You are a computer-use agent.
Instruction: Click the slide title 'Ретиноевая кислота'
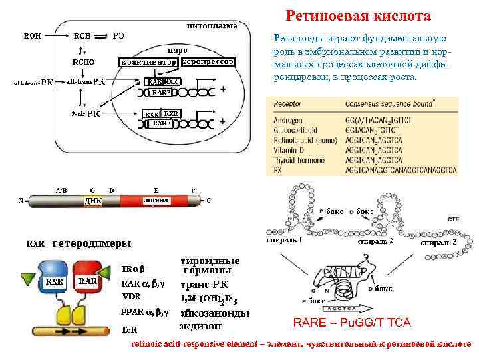[358, 15]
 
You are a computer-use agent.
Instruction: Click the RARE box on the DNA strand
[162, 93]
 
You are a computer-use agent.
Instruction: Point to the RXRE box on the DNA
[162, 123]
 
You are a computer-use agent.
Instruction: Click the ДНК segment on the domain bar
[92, 200]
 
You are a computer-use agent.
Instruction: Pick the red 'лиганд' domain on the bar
[157, 200]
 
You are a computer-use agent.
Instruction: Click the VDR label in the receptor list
[132, 296]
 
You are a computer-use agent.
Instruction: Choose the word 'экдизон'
[201, 327]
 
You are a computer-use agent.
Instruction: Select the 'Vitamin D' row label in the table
[290, 152]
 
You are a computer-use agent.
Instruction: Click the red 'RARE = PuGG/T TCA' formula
[352, 323]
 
